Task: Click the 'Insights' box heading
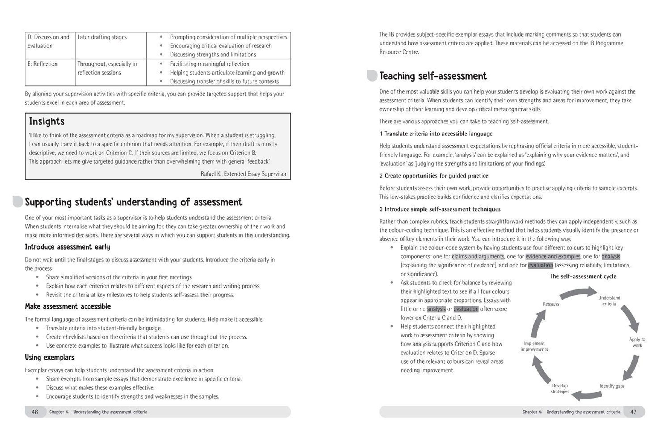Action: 47,121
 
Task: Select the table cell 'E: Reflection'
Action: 42,64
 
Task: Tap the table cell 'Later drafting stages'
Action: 102,37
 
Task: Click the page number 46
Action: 35,412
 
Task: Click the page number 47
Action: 633,412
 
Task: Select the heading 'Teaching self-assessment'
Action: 433,76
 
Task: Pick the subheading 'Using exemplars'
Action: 49,357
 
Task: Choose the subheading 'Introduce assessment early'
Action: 67,247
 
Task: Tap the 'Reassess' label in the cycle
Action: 551,304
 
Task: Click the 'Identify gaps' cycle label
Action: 612,386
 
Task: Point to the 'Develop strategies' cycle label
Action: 560,389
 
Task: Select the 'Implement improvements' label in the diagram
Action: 534,346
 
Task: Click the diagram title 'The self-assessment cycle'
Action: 583,276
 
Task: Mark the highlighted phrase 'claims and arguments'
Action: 478,257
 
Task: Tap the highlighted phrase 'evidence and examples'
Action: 552,257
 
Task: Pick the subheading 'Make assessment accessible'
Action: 68,306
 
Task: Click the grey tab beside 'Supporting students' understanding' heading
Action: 18,202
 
